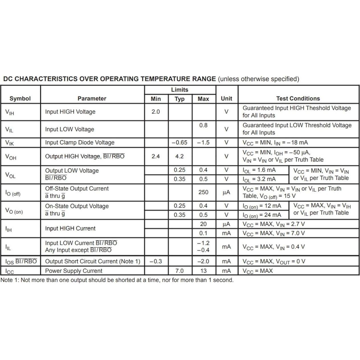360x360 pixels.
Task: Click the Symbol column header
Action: coord(20,99)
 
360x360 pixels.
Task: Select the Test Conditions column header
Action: coord(298,99)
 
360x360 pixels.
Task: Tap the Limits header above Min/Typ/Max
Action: coord(179,90)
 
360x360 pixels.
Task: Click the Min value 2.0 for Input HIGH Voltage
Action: coord(156,112)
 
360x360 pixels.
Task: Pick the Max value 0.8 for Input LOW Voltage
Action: coord(203,125)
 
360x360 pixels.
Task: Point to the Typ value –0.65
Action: coord(179,142)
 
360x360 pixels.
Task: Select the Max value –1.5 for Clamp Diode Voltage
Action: coord(203,142)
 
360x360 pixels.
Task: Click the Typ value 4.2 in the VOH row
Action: coord(179,156)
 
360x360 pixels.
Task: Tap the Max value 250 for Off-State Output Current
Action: coord(203,192)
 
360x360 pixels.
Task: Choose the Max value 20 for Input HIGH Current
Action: coord(203,224)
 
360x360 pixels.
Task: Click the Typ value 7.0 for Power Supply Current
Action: coord(179,271)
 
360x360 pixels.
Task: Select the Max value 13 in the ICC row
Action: coord(203,271)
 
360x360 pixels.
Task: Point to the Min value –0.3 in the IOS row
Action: coord(156,261)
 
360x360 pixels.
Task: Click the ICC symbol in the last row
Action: coord(9,271)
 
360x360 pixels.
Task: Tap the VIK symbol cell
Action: coord(9,143)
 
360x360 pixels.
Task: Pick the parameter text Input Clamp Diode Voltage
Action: coord(80,142)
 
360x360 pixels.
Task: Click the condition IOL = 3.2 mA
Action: coord(259,179)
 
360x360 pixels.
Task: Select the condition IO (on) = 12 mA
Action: coord(262,206)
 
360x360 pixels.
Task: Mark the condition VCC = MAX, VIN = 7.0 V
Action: coord(274,233)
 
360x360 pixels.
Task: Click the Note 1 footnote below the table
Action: coord(117,280)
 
